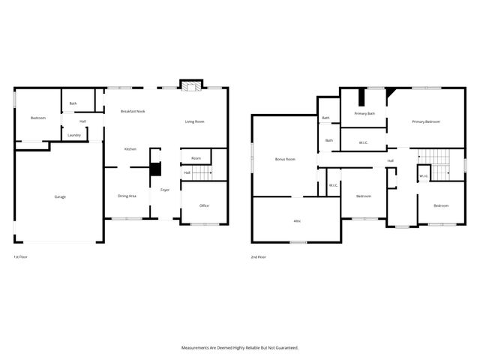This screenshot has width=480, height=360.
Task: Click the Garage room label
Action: [60, 196]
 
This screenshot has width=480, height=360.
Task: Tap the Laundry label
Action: [73, 135]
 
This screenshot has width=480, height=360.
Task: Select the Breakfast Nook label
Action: [133, 111]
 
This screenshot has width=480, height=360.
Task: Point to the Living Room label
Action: [195, 121]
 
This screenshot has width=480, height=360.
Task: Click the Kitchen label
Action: [130, 149]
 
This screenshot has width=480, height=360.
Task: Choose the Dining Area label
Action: [127, 196]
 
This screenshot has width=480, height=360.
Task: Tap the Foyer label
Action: [165, 190]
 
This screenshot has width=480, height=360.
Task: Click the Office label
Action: [204, 205]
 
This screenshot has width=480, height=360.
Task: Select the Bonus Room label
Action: [285, 159]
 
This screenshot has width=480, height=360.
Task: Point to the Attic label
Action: [297, 220]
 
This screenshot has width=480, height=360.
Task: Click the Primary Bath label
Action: [364, 113]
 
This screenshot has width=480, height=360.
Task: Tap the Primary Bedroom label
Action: [424, 121]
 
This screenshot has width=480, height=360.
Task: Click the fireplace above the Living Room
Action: [190, 87]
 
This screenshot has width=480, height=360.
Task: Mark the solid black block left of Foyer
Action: [156, 169]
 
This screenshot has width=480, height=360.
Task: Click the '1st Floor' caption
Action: [22, 257]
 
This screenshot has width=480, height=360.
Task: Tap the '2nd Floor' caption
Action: [259, 257]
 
